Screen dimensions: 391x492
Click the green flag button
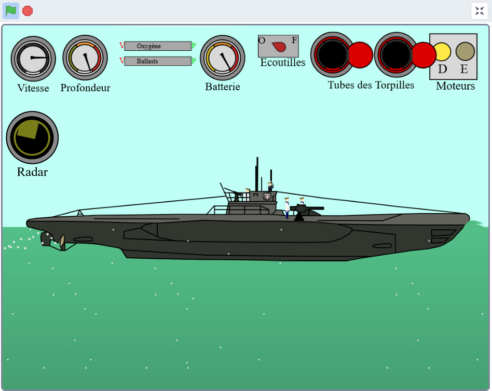tap(11, 10)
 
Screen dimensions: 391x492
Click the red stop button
tap(28, 11)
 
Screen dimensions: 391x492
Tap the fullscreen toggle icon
tap(479, 11)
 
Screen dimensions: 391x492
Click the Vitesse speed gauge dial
tap(33, 58)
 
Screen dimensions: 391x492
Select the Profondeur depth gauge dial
tap(85, 58)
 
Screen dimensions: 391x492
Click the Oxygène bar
tap(158, 46)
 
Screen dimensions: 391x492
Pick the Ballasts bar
tap(158, 61)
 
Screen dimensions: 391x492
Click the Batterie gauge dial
tap(222, 57)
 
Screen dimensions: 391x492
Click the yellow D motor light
tap(442, 51)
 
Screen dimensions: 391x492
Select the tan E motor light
tap(465, 51)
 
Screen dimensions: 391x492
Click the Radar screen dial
tap(32, 137)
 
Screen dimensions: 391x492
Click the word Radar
tap(32, 172)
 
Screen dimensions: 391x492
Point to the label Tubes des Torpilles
tap(371, 85)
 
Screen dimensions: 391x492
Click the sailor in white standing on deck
tap(287, 207)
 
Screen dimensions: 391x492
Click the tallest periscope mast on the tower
tap(257, 174)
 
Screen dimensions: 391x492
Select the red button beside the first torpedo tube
tap(360, 55)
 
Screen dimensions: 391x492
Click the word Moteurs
tap(455, 86)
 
